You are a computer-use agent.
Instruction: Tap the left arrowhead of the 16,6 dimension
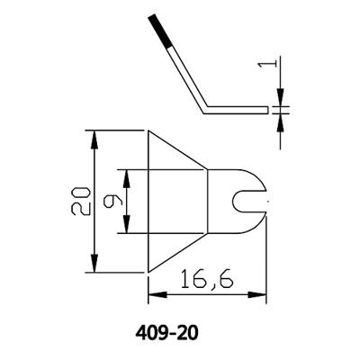pyautogui.click(x=152, y=293)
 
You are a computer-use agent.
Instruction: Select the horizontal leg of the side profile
pyautogui.click(x=238, y=109)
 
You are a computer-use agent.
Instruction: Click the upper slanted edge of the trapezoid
pyautogui.click(x=177, y=150)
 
